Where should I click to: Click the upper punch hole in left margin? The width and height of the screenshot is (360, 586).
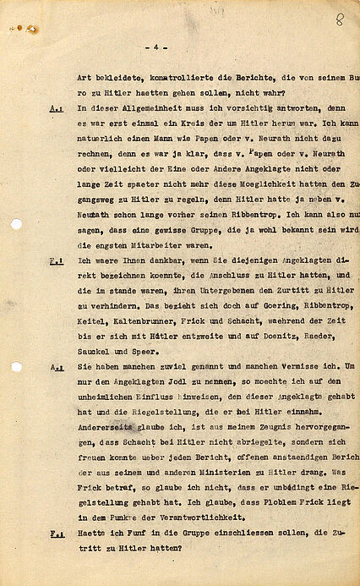point(15,223)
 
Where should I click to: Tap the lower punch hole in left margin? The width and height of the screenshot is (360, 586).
point(15,367)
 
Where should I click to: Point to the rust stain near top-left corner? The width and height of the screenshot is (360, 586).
point(31,28)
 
